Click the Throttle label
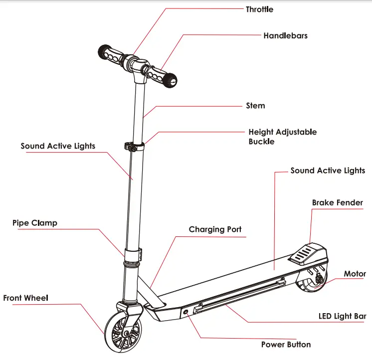click(x=259, y=9)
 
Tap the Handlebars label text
click(x=285, y=36)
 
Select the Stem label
click(x=255, y=106)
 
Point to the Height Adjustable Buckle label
click(x=282, y=137)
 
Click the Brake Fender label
click(x=337, y=203)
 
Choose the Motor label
click(x=355, y=274)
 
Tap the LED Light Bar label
click(x=342, y=316)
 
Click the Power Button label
click(x=286, y=345)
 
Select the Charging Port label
click(x=215, y=229)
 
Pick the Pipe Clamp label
click(x=35, y=223)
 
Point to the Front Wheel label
click(x=25, y=298)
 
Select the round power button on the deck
click(x=187, y=311)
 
